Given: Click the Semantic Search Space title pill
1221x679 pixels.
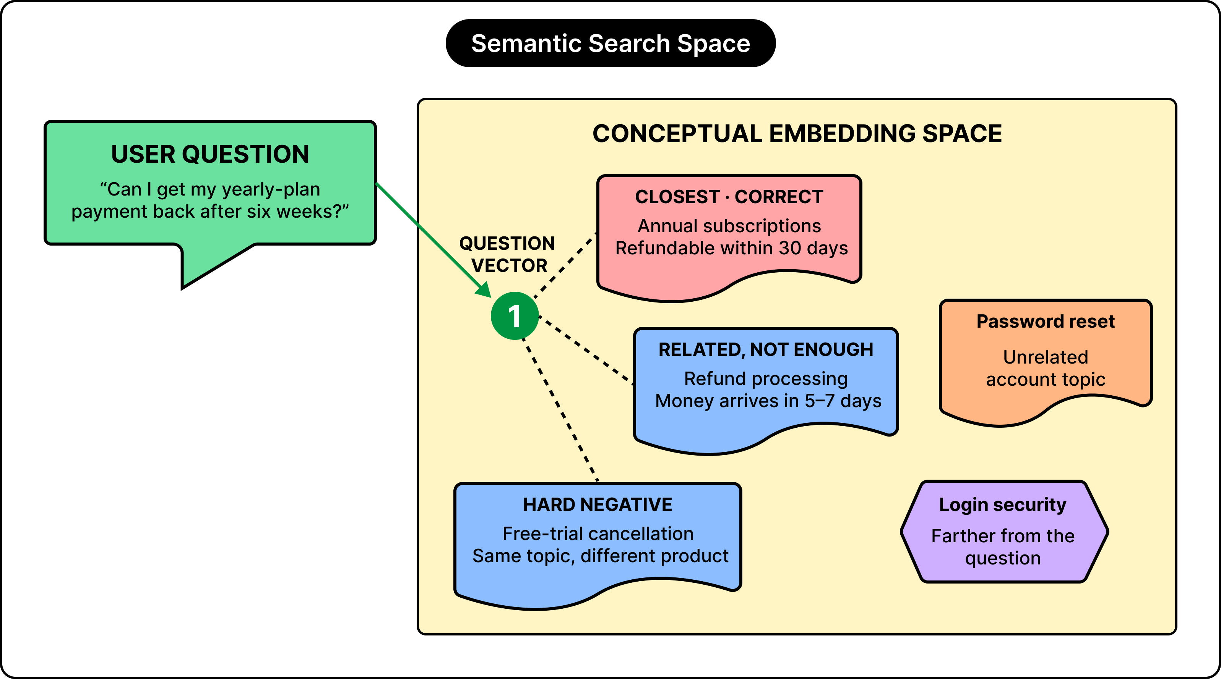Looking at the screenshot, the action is [610, 43].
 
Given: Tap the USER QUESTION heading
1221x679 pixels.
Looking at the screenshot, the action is [210, 154].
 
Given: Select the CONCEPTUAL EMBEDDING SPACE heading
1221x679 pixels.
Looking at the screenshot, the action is [797, 134].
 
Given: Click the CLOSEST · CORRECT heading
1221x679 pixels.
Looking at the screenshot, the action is [729, 197].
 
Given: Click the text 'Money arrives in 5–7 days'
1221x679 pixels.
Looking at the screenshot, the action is [768, 401].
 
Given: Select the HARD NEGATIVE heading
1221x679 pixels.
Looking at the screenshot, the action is [598, 505].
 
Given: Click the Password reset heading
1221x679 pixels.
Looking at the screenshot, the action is [1046, 322].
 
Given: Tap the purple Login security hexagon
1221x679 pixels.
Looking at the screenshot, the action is [1004, 532].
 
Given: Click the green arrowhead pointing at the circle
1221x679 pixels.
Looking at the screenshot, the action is [484, 290].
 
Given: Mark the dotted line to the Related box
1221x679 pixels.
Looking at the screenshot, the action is [586, 350].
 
